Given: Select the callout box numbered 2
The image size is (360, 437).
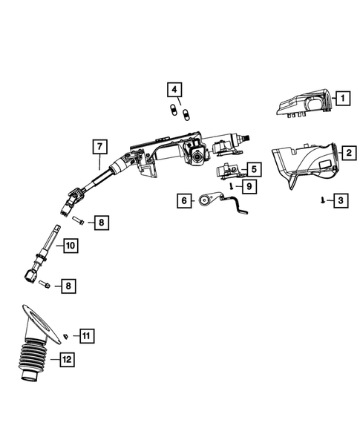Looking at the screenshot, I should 347,154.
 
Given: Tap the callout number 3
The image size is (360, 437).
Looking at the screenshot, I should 339,200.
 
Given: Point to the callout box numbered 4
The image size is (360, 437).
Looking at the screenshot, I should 174,91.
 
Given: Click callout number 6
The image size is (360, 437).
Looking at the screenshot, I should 182,200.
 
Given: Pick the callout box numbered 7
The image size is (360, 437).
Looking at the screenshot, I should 99,145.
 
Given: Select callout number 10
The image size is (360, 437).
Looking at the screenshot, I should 69,245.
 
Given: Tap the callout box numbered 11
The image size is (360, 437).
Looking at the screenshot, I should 86,336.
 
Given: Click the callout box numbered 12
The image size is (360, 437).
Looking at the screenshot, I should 67,360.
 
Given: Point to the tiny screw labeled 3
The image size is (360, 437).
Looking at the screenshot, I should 321,200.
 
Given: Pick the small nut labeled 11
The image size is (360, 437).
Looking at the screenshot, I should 66,338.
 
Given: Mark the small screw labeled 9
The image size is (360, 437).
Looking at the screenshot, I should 231,186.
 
